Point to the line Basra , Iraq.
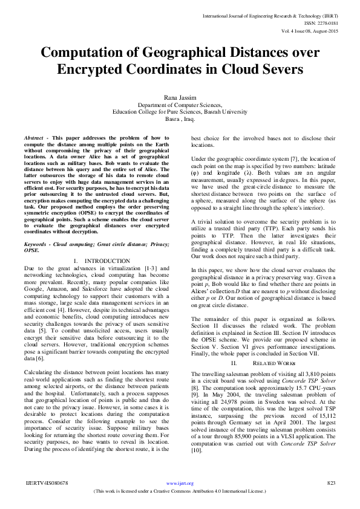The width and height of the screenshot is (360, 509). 180,119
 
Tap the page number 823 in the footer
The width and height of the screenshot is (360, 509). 330,483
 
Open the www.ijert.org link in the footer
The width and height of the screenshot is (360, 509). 180,484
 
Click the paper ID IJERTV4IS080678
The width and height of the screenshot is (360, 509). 47,483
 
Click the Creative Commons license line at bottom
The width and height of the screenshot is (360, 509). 180,491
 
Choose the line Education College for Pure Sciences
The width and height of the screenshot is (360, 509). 180,112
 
